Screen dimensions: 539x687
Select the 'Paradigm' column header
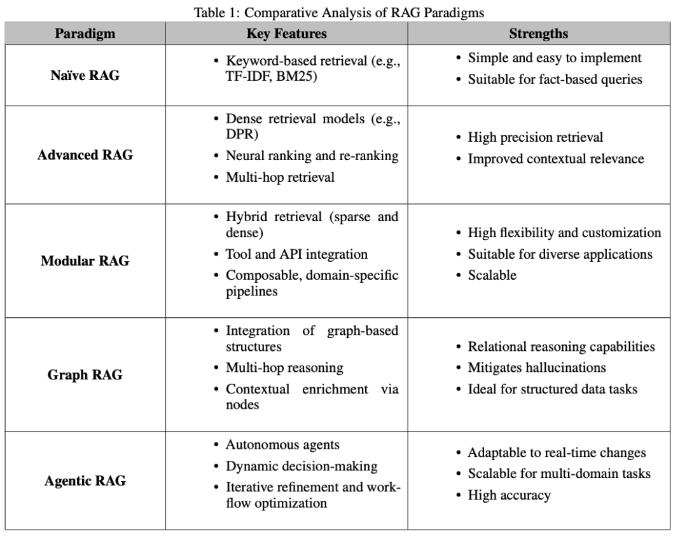[85, 34]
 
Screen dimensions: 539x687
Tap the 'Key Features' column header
[287, 34]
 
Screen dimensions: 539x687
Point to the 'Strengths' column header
[538, 34]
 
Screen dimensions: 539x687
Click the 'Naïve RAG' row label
[85, 75]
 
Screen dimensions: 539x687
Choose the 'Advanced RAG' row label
[85, 155]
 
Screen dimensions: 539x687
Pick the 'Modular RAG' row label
[85, 261]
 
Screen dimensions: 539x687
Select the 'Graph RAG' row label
[85, 374]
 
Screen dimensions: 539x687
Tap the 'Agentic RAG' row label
[85, 481]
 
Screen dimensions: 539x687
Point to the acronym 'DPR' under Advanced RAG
[239, 135]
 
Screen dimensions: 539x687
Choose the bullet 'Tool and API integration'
[296, 254]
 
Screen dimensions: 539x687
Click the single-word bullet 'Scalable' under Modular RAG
[492, 275]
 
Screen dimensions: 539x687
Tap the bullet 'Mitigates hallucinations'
[537, 367]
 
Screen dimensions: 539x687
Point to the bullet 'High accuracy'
[509, 495]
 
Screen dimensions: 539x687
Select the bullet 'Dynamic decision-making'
[302, 466]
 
